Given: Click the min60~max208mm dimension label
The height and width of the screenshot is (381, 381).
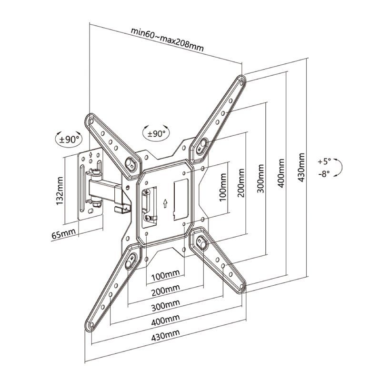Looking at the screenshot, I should [x=168, y=40].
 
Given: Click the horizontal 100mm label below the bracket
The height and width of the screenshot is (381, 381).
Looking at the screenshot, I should [x=165, y=275].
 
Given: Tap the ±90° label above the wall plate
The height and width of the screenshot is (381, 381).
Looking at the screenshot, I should [x=68, y=140].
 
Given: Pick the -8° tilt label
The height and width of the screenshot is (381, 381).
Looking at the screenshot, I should [x=324, y=174].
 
